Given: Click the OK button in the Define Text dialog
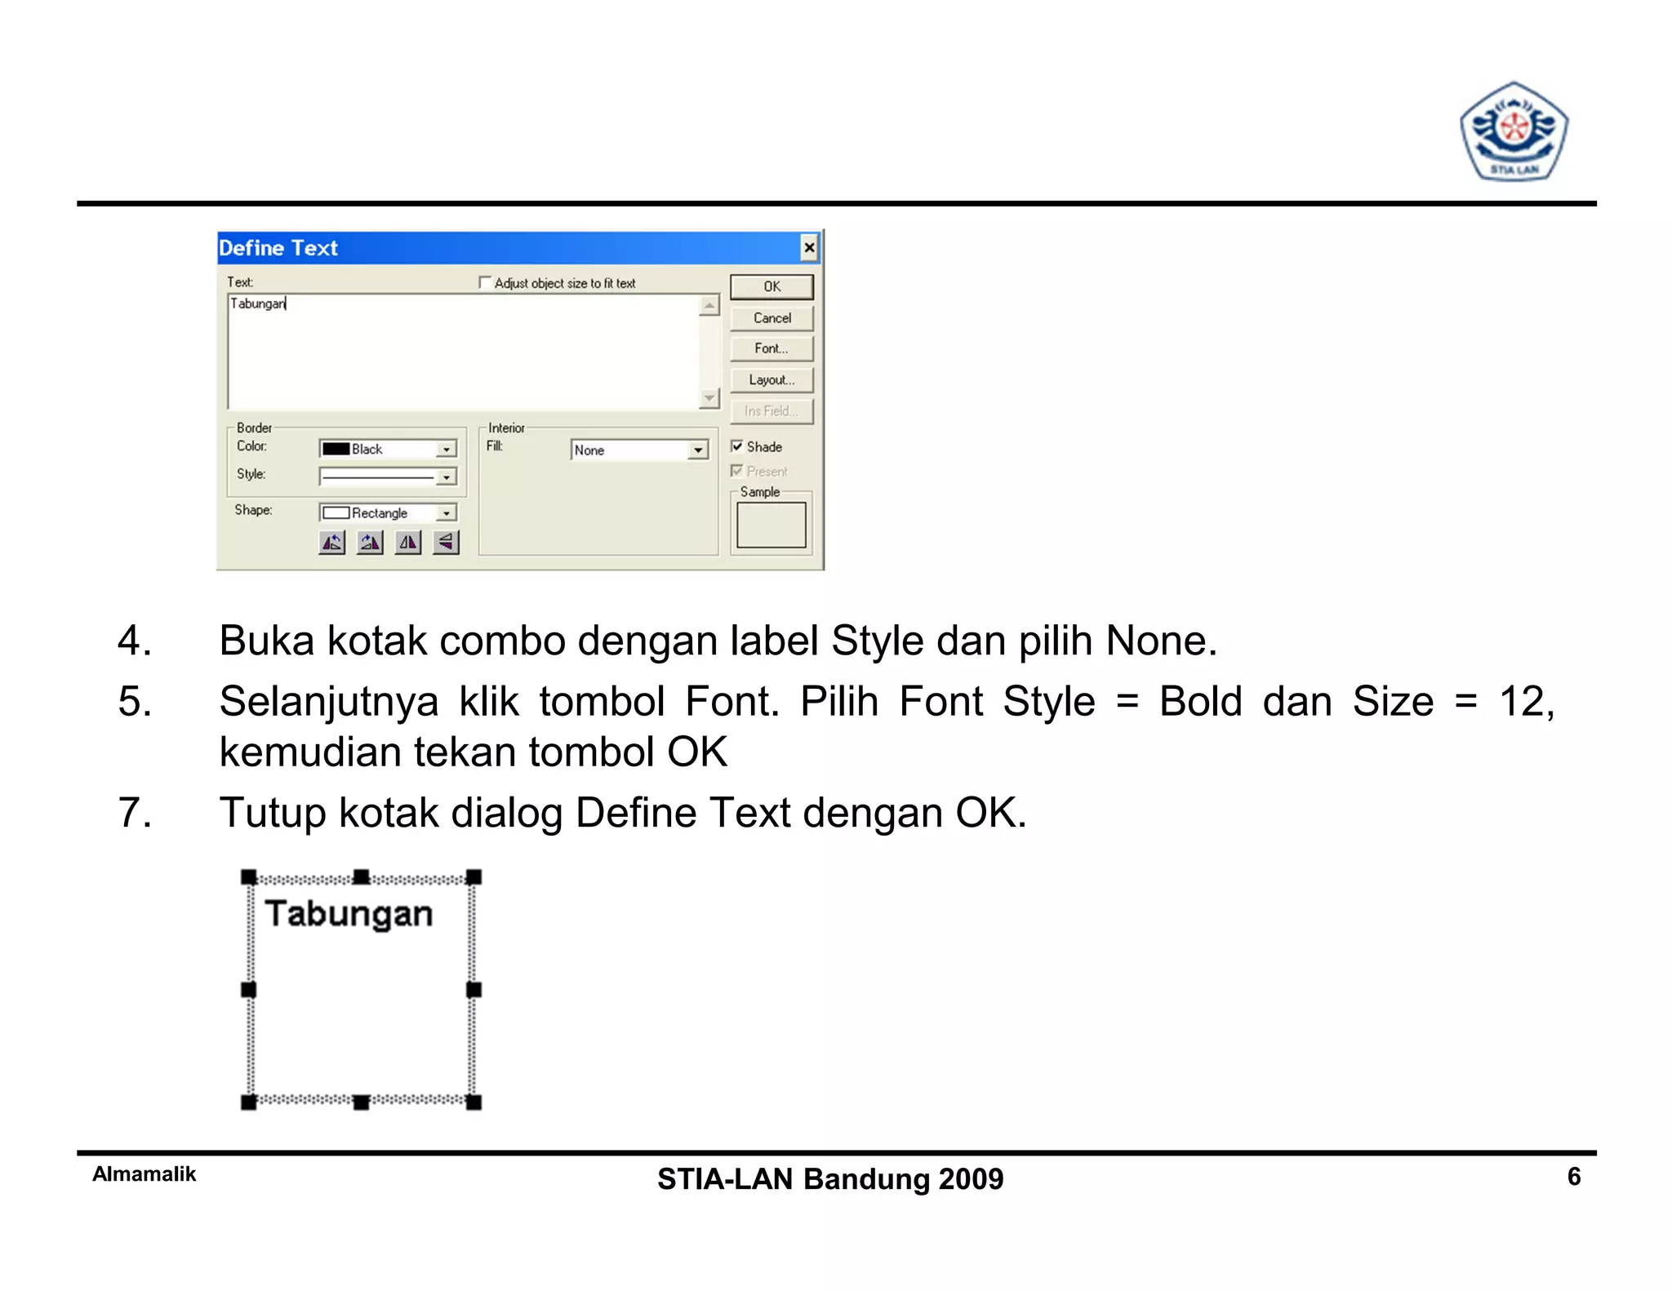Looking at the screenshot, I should point(772,286).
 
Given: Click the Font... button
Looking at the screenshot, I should point(772,348).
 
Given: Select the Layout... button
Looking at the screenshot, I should point(772,380).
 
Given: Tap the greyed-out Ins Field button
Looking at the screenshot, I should point(772,411).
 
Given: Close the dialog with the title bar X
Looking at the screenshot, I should point(808,248).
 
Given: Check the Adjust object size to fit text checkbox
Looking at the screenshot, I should point(485,282).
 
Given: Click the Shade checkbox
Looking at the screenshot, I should point(737,446).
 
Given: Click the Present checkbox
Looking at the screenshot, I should point(737,471).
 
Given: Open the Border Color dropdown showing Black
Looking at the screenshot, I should point(446,449).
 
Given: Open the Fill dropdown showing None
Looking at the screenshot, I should point(697,450).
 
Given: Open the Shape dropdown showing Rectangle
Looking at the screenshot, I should point(446,512).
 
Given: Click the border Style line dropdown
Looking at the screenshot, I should point(446,477).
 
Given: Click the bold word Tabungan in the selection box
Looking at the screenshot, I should point(349,914).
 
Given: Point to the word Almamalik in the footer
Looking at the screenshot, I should point(145,1174).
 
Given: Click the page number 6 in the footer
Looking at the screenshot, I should point(1574,1177).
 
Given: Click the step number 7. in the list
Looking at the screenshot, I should point(135,813).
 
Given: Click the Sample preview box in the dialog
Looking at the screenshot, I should point(771,525).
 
